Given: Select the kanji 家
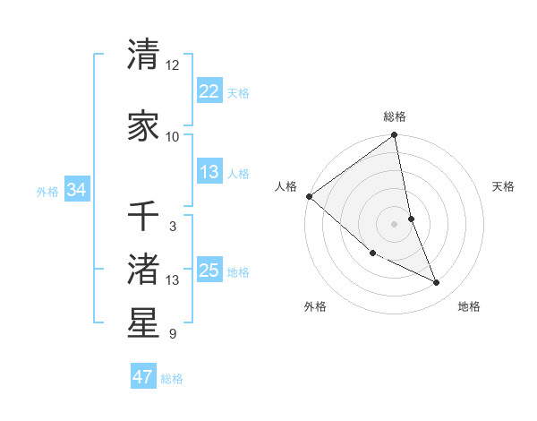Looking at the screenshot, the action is point(143,126).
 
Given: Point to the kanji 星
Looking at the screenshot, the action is point(143,323).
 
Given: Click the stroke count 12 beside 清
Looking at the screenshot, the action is point(173,65).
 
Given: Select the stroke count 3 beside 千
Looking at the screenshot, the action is point(173,227).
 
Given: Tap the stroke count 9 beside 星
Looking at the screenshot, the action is point(173,334).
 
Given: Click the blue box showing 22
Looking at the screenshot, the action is point(209,91).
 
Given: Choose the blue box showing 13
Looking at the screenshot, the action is point(209,172).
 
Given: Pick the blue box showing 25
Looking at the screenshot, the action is point(209,271).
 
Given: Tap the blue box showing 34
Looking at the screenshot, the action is point(77,190).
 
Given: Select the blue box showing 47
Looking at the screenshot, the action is point(143,377).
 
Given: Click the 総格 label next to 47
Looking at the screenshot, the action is point(172,379).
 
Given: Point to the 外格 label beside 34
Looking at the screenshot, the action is point(47,192).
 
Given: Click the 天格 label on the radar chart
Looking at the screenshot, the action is point(504,186).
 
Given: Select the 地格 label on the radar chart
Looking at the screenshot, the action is point(469,306).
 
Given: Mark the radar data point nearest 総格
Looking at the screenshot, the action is point(394,136).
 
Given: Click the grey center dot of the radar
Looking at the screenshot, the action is point(394,223).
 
